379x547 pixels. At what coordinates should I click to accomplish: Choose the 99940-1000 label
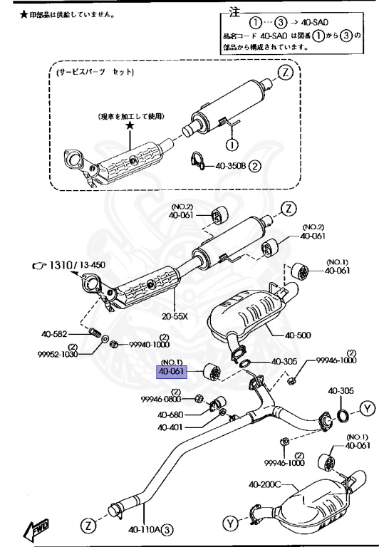(x=150, y=345)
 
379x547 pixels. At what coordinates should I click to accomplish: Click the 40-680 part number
(x=172, y=415)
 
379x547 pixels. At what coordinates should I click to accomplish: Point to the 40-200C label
(x=265, y=485)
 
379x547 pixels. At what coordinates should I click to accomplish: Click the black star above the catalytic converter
(x=130, y=125)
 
